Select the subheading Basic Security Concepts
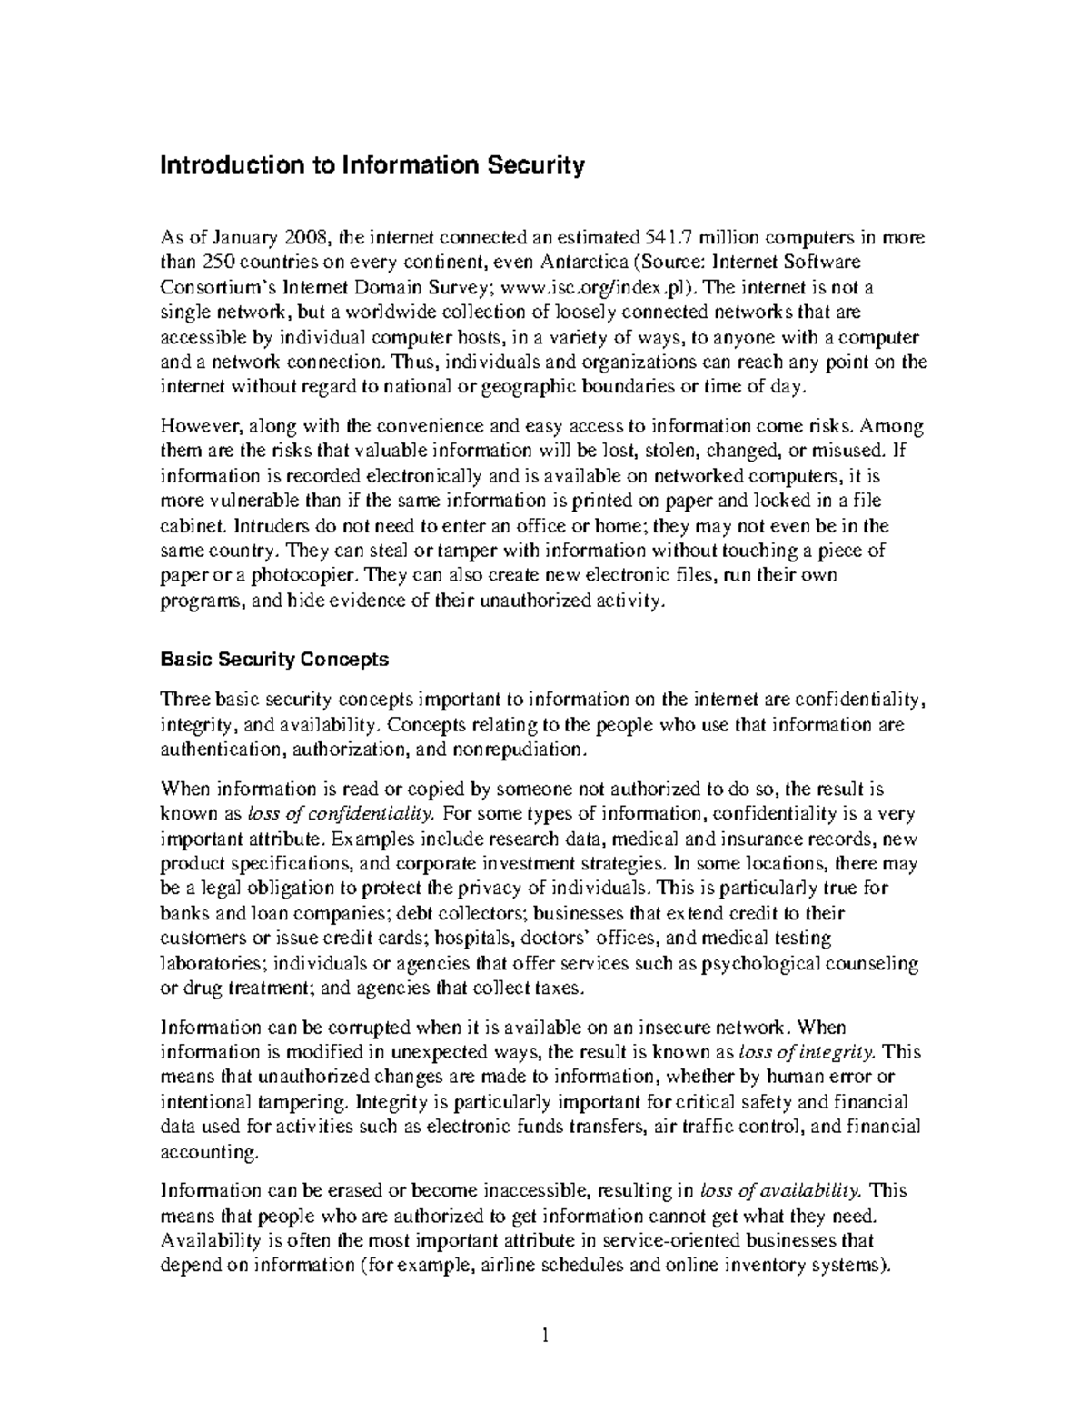[x=274, y=659]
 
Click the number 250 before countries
[x=217, y=263]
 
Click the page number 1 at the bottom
[x=545, y=1336]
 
